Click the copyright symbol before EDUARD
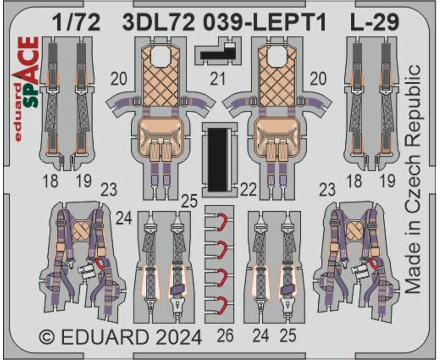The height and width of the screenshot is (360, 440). tap(47, 337)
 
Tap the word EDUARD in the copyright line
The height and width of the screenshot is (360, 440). tap(105, 337)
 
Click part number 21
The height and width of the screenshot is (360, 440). tap(218, 79)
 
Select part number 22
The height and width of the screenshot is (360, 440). tap(249, 190)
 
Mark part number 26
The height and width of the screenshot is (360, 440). tap(225, 336)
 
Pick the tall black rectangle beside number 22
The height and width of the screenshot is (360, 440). tap(218, 159)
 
